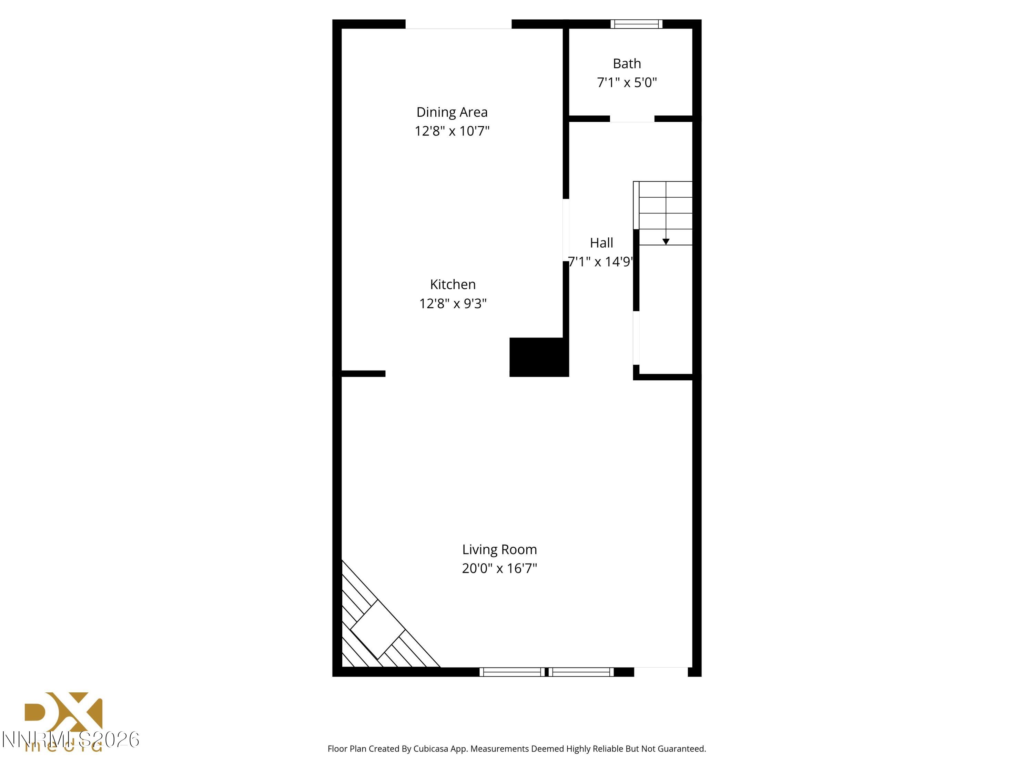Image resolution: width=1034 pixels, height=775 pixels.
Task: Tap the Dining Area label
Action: pos(452,112)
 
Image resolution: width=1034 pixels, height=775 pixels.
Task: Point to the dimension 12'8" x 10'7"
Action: pos(452,131)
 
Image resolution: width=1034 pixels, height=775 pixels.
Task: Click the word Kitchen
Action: pos(453,285)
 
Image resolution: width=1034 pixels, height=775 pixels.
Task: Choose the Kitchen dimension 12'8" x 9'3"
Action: pos(453,304)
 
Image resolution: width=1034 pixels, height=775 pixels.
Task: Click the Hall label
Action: pos(601,243)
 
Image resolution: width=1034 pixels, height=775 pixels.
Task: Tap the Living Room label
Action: pos(499,549)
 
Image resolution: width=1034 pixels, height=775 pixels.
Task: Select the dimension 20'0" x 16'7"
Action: pos(499,569)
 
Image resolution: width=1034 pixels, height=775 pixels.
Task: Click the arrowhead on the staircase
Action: pos(666,241)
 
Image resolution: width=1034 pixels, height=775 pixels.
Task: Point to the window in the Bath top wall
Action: pos(636,24)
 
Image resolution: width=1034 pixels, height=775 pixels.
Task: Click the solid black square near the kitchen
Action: pos(538,357)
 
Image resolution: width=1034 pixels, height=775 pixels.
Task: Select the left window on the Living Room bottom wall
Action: pos(512,672)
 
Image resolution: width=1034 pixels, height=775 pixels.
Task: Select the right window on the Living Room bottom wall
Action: pos(581,672)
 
